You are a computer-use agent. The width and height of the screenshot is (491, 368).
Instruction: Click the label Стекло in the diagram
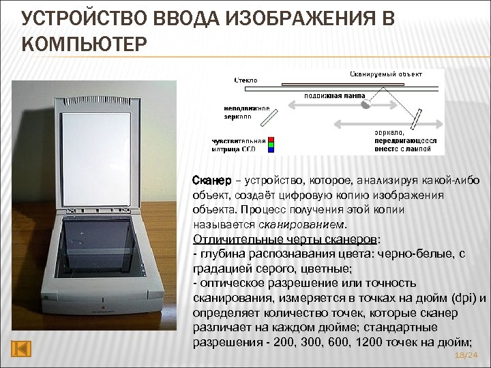point(246,80)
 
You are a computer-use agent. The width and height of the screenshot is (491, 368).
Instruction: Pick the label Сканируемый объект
point(386,73)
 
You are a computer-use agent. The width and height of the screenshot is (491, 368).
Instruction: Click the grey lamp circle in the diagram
point(366,106)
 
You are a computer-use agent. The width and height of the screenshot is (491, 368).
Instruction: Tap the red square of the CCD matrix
point(271,137)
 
